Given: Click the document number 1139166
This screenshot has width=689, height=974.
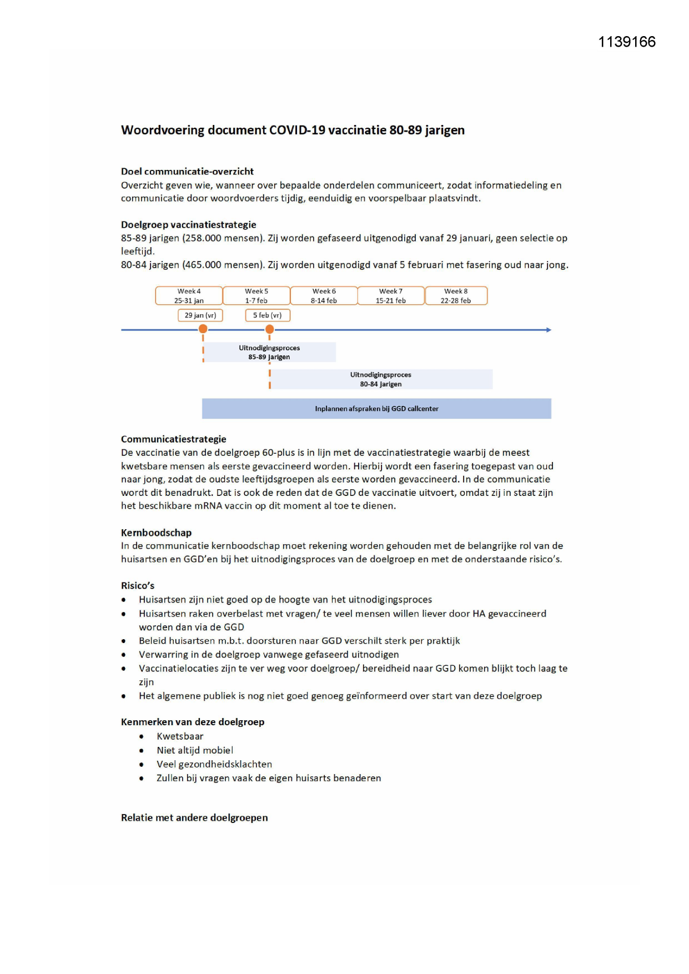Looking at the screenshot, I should coord(627,42).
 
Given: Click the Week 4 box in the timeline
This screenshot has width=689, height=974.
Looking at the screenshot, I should coord(189,295).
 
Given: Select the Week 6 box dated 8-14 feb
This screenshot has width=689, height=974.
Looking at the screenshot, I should coord(324,295).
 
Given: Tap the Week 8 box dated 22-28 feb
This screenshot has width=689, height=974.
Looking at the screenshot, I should coord(456,295).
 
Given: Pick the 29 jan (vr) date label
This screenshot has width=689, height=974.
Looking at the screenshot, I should coord(200,315).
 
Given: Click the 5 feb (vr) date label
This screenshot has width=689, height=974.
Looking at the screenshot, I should coord(268,315).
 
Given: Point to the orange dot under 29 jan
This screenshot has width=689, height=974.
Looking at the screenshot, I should coord(203,329).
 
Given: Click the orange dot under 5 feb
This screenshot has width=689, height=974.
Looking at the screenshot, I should coord(270,329).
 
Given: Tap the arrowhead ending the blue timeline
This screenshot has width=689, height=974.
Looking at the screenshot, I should coord(549,330).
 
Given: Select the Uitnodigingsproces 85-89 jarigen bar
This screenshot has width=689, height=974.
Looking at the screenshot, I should coord(270,352).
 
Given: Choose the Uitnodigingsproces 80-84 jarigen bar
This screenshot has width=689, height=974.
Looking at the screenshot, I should coord(381,379).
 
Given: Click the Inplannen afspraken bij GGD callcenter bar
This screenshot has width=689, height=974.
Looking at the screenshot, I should coord(376,409).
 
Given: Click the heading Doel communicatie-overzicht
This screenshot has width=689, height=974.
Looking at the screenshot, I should coord(187,172).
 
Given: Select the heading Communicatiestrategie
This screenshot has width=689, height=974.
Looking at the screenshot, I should coord(174,439).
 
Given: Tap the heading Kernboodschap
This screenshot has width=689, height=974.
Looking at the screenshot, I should coord(156,533).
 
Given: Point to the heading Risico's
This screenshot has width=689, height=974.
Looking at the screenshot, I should coord(138,586).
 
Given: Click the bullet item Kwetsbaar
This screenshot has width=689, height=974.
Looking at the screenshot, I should coord(180,736).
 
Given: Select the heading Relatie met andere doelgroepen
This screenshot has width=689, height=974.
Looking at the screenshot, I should coord(194,818).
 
